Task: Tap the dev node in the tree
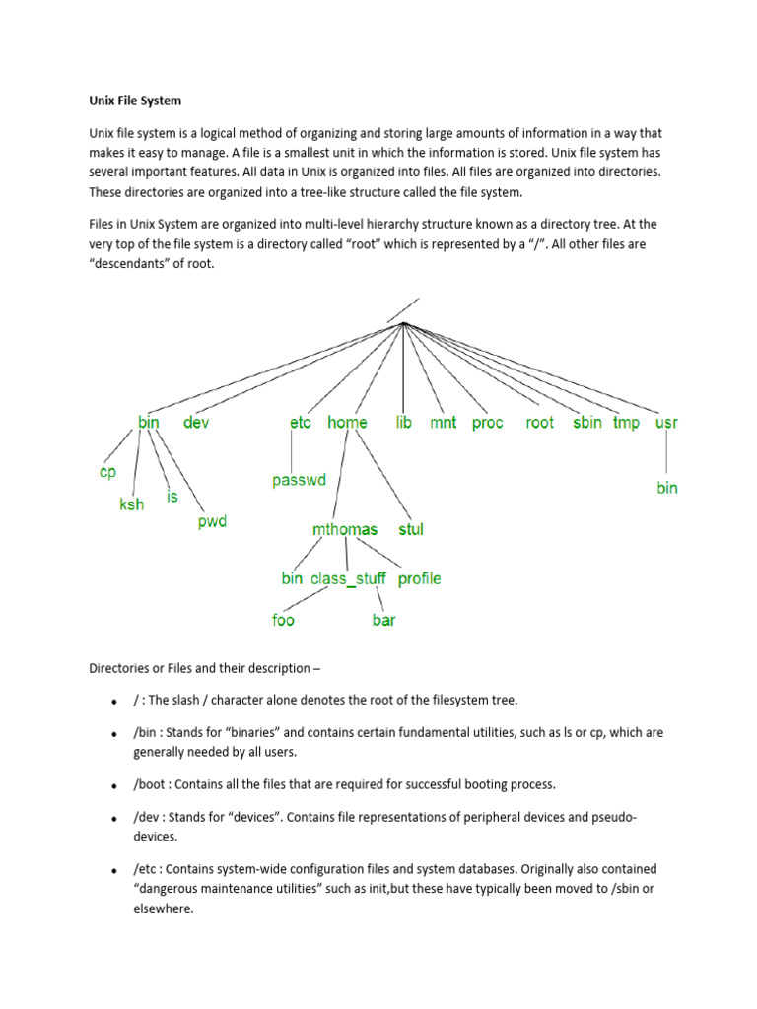(x=196, y=422)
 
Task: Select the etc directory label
(x=301, y=422)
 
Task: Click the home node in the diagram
(x=347, y=422)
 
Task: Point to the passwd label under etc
(x=300, y=481)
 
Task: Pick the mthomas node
(x=345, y=529)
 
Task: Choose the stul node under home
(x=411, y=529)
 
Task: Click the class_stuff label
(x=349, y=578)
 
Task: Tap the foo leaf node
(x=283, y=620)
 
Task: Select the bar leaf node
(x=383, y=620)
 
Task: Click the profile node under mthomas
(x=420, y=578)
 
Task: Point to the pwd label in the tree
(x=212, y=521)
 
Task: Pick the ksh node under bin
(x=131, y=504)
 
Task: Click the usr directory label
(x=666, y=422)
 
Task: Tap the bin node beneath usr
(x=667, y=488)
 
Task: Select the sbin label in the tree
(x=586, y=422)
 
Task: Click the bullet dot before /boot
(x=115, y=785)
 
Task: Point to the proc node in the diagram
(x=487, y=422)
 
